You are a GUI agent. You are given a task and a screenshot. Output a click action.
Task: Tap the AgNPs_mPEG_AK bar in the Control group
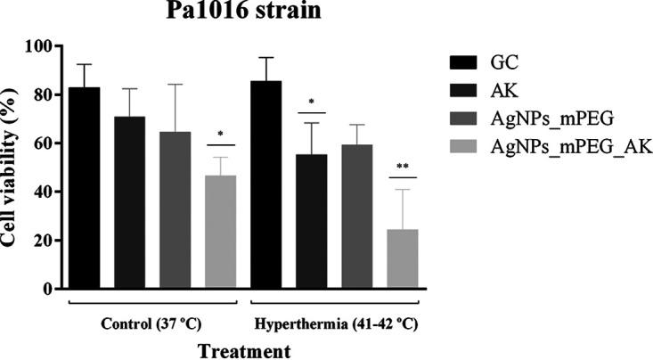click(x=220, y=232)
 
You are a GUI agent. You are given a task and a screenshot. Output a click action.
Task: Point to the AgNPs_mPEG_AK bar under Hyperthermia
click(x=402, y=258)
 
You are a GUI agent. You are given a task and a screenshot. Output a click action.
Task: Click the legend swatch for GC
click(x=463, y=62)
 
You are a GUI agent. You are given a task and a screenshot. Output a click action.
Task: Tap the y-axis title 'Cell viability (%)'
click(x=11, y=167)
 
